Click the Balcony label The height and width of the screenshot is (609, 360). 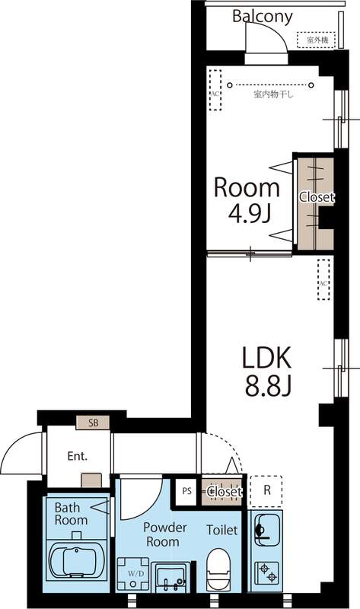[263, 16]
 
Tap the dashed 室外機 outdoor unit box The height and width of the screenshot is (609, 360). [316, 39]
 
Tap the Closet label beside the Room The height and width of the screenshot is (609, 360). [316, 197]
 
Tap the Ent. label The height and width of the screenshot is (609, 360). [77, 457]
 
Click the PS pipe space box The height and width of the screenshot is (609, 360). [186, 491]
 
